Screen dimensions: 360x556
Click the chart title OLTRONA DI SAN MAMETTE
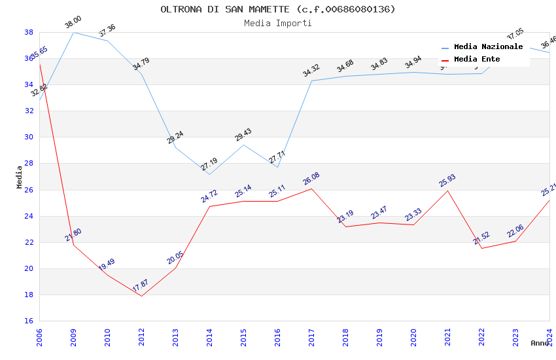click(278, 9)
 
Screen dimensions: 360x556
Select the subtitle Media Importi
click(278, 23)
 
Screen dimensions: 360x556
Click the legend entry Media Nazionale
click(488, 47)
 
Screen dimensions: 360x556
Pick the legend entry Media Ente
click(477, 59)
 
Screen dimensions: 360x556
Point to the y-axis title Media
click(20, 177)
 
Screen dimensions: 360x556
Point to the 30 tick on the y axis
click(29, 137)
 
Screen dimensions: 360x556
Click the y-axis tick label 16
click(29, 321)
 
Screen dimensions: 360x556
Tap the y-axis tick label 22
click(29, 242)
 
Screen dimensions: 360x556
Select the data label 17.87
click(140, 285)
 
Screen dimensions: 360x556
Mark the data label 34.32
click(311, 71)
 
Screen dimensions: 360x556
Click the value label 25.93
click(447, 180)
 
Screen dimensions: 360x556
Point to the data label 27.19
click(209, 164)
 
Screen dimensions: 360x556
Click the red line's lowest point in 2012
click(141, 296)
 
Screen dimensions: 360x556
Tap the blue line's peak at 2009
click(73, 32)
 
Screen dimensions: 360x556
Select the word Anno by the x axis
click(540, 343)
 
